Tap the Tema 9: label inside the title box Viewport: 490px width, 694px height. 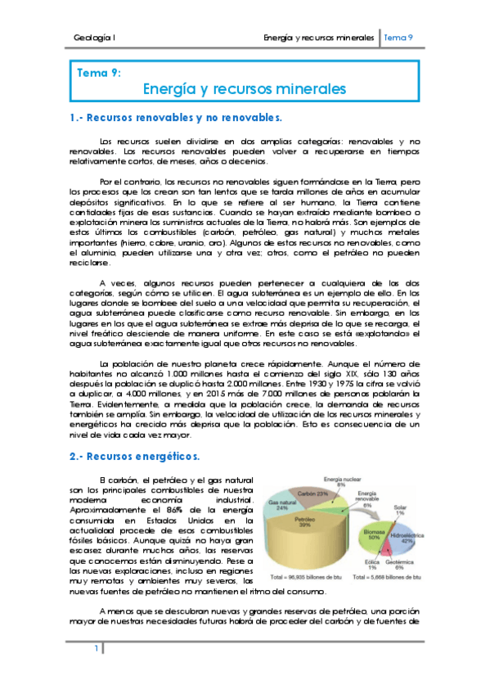coord(99,73)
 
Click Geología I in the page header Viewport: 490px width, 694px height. coord(93,38)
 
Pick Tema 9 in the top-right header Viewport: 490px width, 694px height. coord(398,38)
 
